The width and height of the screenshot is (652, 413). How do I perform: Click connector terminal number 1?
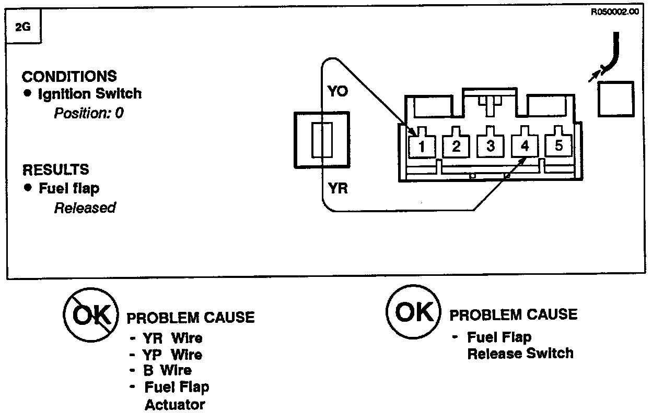(423, 145)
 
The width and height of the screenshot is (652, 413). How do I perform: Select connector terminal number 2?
(457, 145)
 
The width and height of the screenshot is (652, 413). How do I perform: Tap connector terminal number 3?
(490, 145)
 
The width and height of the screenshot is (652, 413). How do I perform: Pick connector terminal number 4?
(525, 145)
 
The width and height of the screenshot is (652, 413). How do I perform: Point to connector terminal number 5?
(558, 145)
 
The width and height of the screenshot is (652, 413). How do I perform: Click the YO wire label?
(337, 92)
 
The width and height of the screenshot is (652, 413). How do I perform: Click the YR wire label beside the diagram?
(338, 188)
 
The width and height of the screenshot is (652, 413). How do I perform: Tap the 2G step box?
(23, 27)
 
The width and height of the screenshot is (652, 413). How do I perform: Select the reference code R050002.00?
(614, 12)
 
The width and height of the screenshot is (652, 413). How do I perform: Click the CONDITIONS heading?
(69, 76)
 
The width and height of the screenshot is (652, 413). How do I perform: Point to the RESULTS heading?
(55, 169)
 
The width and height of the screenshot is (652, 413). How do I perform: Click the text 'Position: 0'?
(89, 113)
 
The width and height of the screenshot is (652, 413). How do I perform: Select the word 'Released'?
(85, 208)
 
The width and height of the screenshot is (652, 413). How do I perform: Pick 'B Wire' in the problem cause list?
(167, 370)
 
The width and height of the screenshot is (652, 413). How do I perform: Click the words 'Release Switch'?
(520, 354)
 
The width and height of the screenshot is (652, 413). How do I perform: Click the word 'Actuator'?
(174, 404)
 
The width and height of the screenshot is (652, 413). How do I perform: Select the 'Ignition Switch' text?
(90, 94)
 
